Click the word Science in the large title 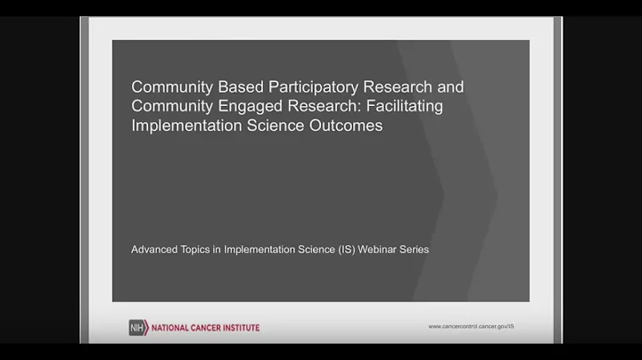(x=276, y=126)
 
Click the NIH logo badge (x=137, y=327)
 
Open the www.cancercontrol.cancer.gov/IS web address (x=471, y=327)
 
